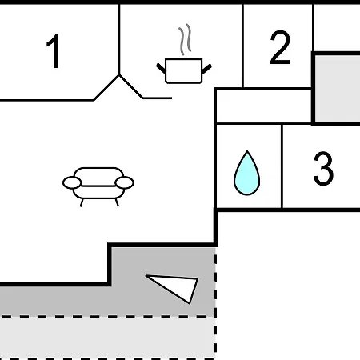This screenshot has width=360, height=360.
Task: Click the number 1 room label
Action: coord(54,51)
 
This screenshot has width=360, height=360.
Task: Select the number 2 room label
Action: coord(280,47)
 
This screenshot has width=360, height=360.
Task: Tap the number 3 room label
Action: coord(323,168)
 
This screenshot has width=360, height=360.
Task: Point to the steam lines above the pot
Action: coord(185,39)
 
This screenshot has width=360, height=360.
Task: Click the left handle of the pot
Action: coord(161,68)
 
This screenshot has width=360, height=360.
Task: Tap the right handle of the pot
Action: coord(206,69)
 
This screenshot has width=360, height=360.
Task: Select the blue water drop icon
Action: coord(247,174)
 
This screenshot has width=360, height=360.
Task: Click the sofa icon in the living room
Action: coord(98,186)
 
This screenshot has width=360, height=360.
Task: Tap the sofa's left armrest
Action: coord(72,183)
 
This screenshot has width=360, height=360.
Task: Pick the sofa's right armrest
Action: coord(125,183)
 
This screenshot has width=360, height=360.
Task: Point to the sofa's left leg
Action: coord(82,202)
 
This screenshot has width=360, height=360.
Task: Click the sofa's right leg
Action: coord(117,202)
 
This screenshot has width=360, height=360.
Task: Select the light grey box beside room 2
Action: coord(338,88)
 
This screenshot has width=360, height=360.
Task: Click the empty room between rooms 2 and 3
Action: coord(263,106)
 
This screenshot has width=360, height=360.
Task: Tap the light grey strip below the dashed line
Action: coord(106,338)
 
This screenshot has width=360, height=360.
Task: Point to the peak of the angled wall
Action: coord(119,75)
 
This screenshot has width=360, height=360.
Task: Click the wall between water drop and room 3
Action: coord(282,166)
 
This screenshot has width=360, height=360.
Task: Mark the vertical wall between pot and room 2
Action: coord(242,46)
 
